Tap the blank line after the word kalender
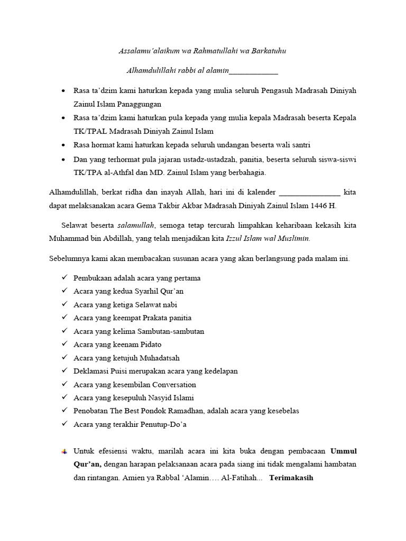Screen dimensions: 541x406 309,192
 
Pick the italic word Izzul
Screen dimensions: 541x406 235,238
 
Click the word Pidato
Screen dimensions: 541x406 151,344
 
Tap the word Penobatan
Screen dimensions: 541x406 91,411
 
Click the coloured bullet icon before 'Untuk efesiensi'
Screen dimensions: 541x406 64,452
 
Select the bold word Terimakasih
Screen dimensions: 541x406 292,478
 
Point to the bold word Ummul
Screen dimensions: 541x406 344,451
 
